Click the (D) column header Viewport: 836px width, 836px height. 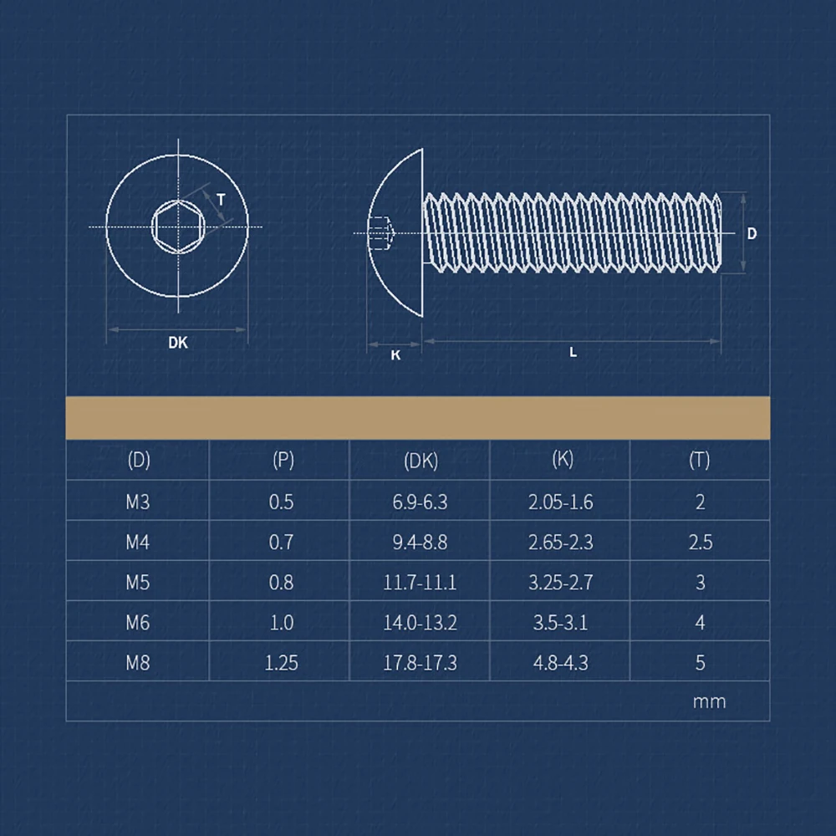point(138,460)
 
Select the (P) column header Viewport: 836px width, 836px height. point(283,460)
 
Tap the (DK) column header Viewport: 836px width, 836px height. point(421,461)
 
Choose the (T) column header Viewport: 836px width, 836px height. point(699,460)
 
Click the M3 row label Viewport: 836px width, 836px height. point(138,502)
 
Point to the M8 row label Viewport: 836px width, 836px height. point(138,663)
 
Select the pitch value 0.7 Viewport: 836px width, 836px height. point(282,543)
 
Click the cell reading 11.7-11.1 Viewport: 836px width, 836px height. point(420,583)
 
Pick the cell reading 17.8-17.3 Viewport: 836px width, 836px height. point(420,663)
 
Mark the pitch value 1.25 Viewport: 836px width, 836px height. point(282,663)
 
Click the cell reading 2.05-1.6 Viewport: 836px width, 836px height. point(560,502)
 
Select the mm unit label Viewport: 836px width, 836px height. point(709,701)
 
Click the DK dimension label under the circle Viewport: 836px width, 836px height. point(178,342)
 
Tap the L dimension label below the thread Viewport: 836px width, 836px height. point(573,353)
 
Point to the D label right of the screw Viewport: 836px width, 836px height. point(752,234)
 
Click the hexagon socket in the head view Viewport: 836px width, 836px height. point(177,227)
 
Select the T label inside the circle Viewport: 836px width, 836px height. point(221,199)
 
